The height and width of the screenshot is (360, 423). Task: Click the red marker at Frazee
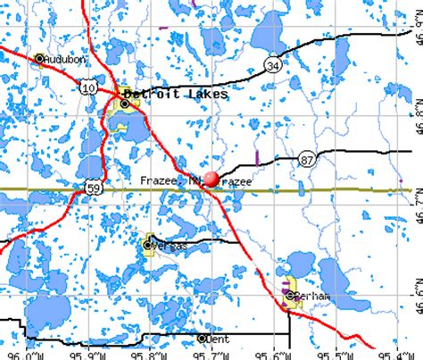coord(211,179)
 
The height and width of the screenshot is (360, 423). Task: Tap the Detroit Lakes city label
coord(176,93)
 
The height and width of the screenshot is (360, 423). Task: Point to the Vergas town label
coord(167,244)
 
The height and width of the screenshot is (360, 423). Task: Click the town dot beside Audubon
coord(39,60)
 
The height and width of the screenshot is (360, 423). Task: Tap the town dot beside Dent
coord(202,339)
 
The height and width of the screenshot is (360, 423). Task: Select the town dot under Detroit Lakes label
coord(125,104)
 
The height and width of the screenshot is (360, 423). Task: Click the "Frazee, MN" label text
coord(170,180)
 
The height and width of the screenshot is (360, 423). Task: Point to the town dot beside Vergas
coord(148,244)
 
